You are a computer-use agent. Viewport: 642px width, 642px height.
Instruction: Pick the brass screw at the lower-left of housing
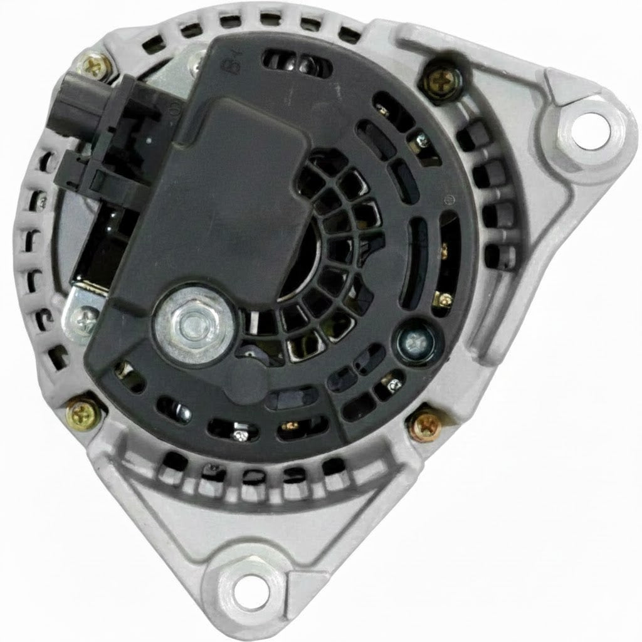(80, 411)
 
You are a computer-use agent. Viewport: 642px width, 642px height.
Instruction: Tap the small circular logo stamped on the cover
(448, 201)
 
